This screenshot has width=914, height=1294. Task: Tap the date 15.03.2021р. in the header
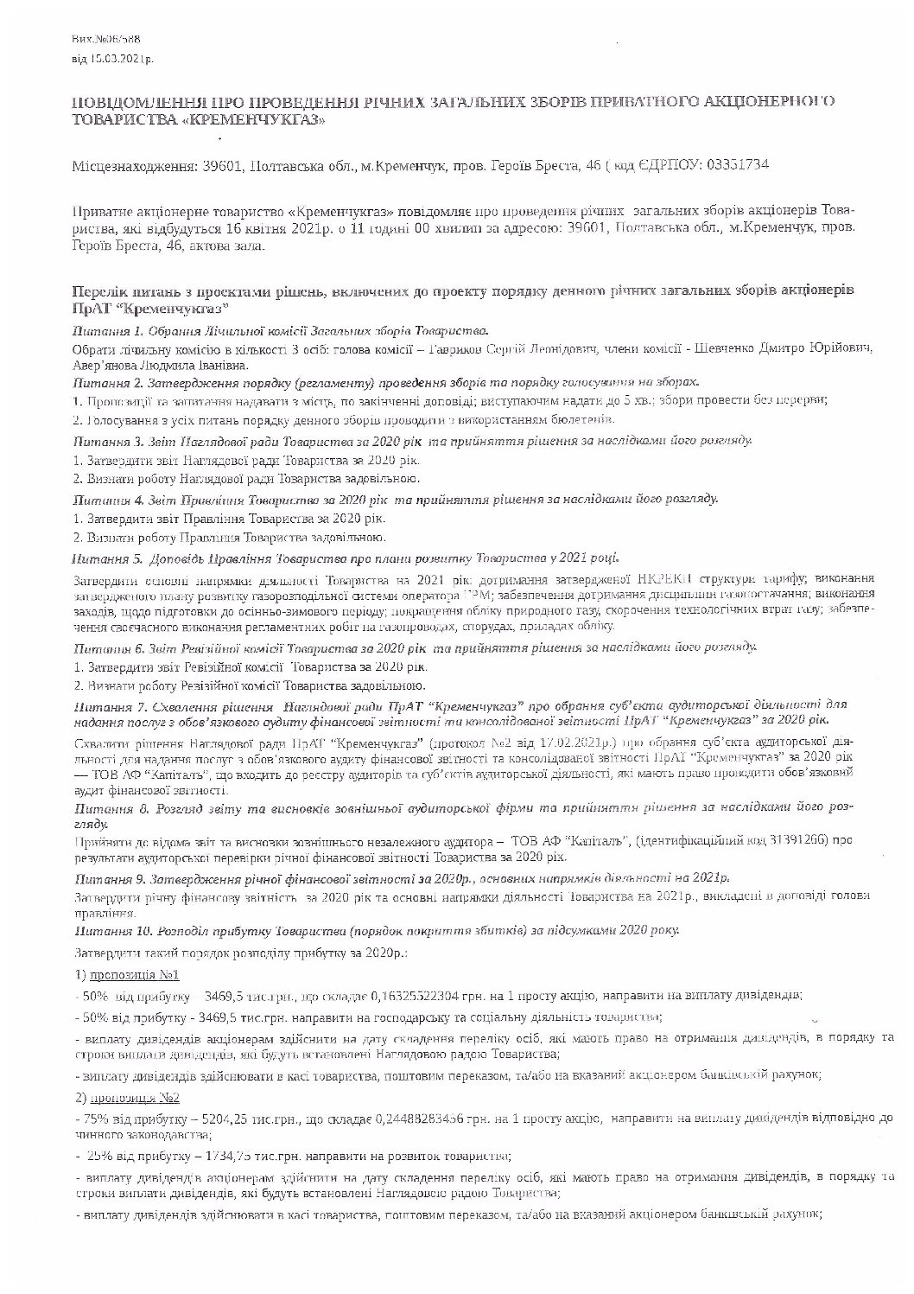click(x=121, y=60)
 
